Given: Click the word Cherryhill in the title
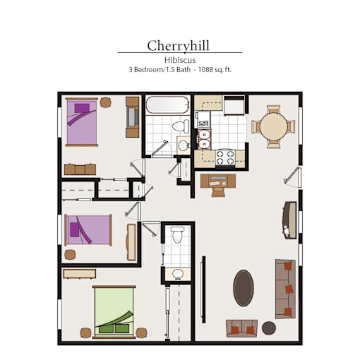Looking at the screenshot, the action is pos(178,46).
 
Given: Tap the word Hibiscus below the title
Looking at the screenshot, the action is pos(180,60).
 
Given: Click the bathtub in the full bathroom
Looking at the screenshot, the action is pos(167,104).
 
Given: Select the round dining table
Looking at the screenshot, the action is pos(274,127).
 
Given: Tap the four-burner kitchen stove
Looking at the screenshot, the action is pos(225,157).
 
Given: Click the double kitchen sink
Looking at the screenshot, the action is pos(203,139).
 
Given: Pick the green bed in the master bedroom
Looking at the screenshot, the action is pos(114,312).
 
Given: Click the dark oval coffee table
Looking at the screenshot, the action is pos(244,288).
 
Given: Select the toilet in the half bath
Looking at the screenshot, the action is pos(177,234).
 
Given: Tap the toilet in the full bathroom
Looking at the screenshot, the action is pos(181,126).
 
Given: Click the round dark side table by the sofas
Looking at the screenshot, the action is pos(269,328).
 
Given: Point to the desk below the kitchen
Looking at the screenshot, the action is pos(218,181).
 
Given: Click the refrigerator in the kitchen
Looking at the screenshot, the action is pos(234,105).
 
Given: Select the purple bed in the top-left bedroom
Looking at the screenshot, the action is pos(82,122).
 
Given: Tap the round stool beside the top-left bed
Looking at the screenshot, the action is pos(106,102).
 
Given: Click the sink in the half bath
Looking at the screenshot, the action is pos(178,274).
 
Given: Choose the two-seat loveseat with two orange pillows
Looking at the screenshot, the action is pos(241,328).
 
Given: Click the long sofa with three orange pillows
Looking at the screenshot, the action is pos(285,289).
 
